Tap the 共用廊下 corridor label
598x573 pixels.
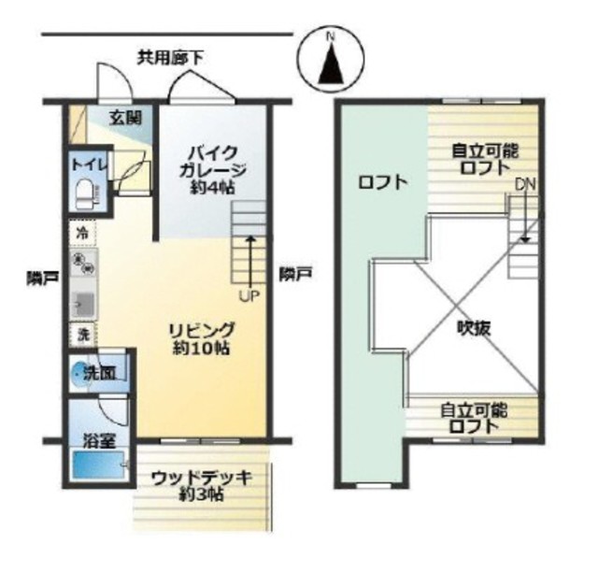click(170, 58)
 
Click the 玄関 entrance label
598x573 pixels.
click(125, 118)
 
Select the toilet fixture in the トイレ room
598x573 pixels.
click(87, 194)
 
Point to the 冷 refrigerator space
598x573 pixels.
click(82, 233)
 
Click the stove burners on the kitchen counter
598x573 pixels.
click(84, 263)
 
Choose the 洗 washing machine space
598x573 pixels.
click(82, 335)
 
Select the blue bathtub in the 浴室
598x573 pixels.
click(99, 465)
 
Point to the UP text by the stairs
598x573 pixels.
click(249, 295)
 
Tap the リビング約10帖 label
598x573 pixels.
click(201, 338)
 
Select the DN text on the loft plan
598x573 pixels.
click(525, 185)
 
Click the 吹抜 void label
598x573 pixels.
click(474, 328)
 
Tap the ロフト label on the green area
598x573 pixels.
click(382, 182)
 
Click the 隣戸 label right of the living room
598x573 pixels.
click(296, 274)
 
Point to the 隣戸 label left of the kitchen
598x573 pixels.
click(42, 278)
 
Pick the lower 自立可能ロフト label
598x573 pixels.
click(474, 419)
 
